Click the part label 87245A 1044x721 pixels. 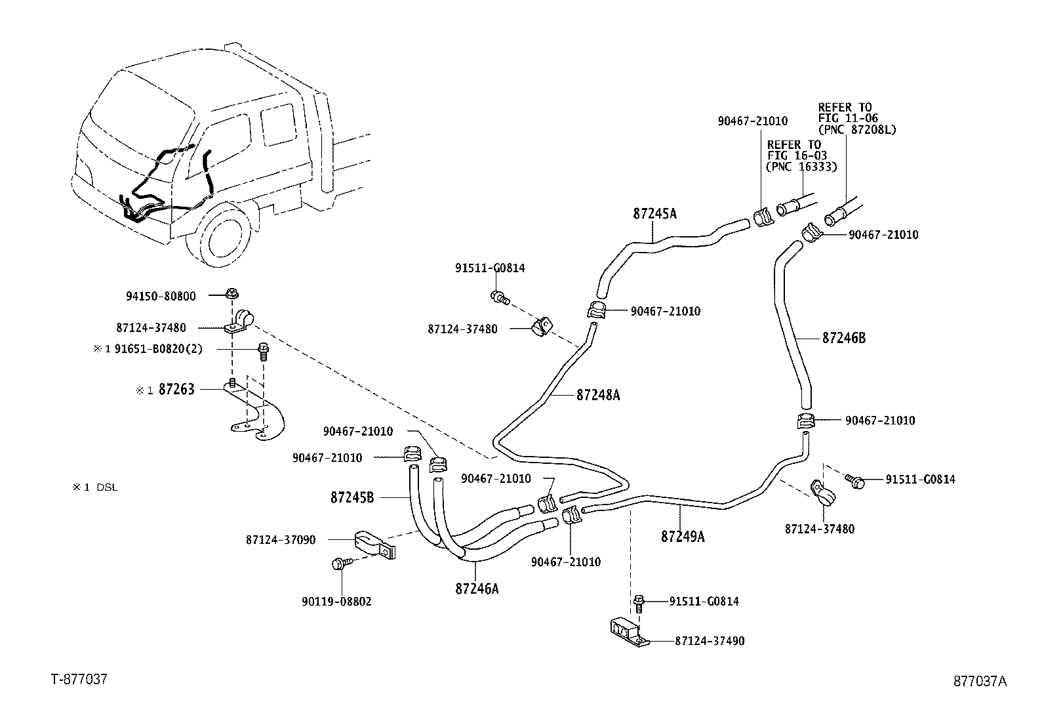654,213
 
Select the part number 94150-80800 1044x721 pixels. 161,296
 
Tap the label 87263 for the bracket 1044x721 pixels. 176,389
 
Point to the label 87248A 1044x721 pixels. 598,395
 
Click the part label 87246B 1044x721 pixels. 843,338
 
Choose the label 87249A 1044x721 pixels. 683,536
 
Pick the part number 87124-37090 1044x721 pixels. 281,540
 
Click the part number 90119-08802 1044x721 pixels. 336,601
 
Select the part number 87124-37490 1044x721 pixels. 710,640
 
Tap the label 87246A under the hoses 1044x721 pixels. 477,588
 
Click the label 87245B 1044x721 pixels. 351,497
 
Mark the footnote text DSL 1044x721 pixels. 107,487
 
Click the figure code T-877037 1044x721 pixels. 79,679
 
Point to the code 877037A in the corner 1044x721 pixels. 979,681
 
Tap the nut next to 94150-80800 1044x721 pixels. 231,293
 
